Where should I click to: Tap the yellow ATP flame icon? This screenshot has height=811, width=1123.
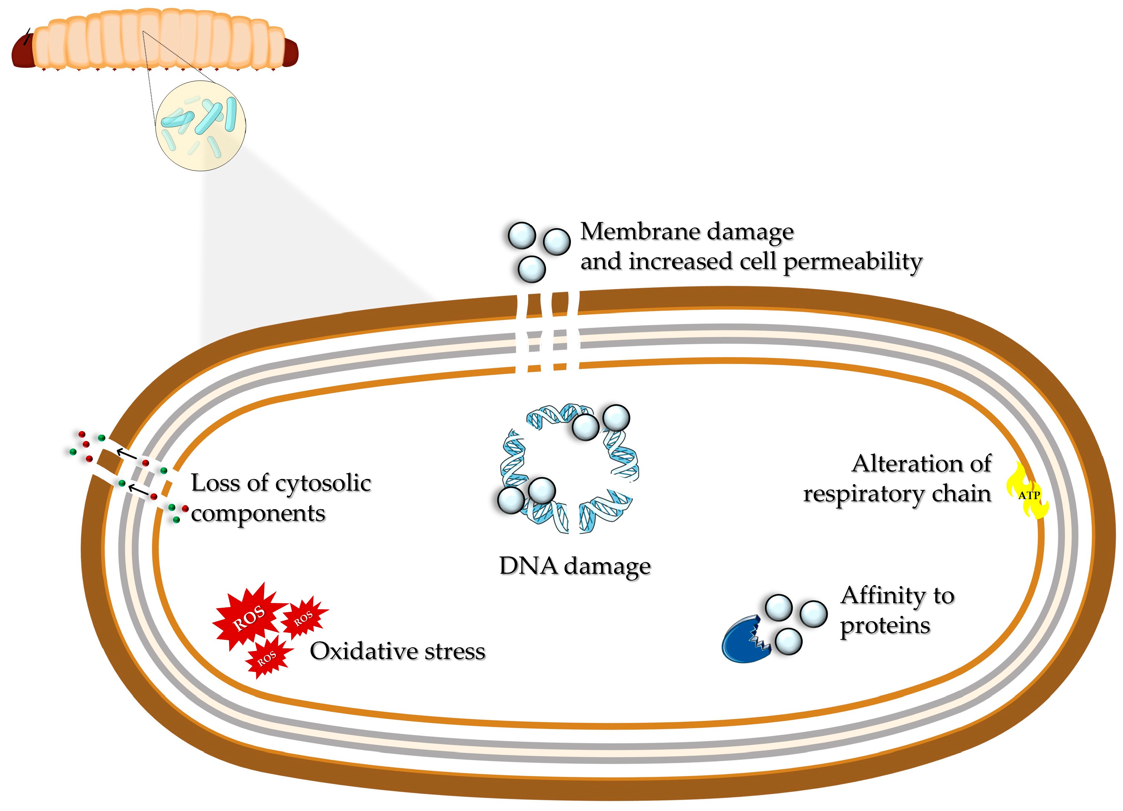1027,492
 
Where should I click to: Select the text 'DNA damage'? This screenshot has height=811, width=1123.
574,566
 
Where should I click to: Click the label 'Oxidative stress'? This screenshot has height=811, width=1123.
397,651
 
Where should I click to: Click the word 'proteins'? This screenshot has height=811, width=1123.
885,625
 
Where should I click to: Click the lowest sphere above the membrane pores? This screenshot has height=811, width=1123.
531,269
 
